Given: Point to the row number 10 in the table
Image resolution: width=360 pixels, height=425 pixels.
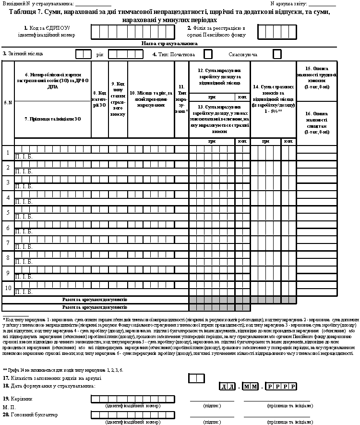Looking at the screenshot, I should (8, 288).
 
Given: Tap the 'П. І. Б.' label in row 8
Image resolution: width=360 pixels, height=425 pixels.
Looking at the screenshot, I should (24, 262).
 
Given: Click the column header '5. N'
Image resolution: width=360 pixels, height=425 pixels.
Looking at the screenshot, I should (8, 102).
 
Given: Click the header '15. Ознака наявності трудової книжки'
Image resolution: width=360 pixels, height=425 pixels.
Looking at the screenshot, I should (317, 78).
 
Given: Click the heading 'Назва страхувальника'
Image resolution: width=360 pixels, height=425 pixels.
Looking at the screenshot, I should (163, 43).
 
